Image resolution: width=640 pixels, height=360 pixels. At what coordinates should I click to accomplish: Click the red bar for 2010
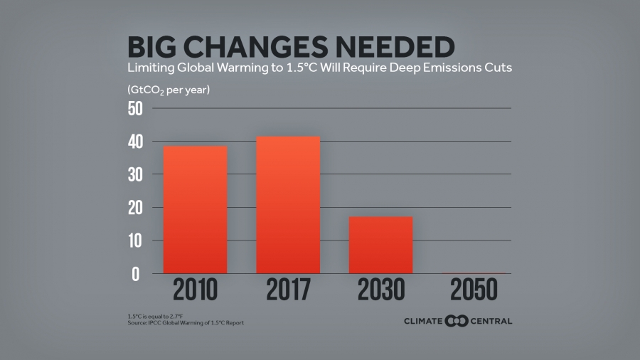(195, 210)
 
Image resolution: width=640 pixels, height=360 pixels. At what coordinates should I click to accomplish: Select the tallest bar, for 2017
(288, 205)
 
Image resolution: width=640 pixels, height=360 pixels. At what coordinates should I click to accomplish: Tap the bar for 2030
(380, 245)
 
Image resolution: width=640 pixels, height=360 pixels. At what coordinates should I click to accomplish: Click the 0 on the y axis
(136, 274)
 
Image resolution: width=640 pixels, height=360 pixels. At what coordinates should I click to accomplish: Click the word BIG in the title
(153, 47)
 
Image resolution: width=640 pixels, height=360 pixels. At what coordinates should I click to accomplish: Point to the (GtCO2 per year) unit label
(169, 90)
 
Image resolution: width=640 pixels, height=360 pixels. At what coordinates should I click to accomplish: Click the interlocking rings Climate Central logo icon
(455, 321)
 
